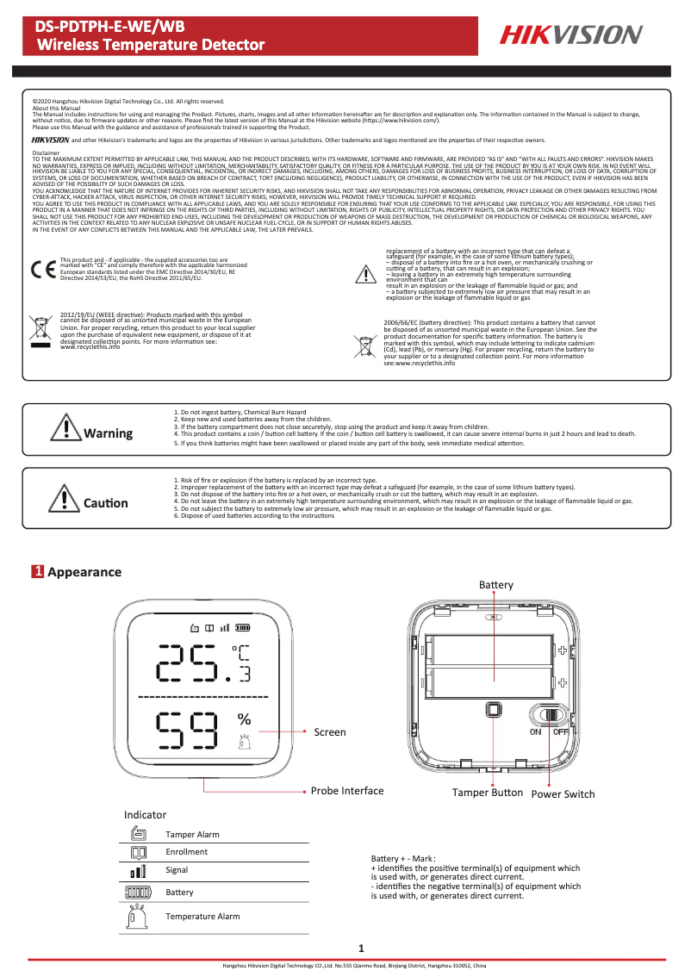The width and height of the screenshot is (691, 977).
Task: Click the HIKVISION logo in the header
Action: pyautogui.click(x=572, y=34)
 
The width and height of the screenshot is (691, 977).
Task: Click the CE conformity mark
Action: pyautogui.click(x=41, y=268)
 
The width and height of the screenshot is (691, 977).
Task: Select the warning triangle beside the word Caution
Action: pyautogui.click(x=65, y=498)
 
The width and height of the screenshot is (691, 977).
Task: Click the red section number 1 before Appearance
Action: pyautogui.click(x=38, y=572)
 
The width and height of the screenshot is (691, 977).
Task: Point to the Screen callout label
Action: pyautogui.click(x=329, y=732)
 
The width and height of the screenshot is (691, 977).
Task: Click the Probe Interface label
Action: pyautogui.click(x=347, y=790)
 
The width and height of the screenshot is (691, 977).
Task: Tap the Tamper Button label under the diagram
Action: pyautogui.click(x=488, y=792)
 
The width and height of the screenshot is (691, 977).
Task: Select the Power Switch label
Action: pyautogui.click(x=563, y=793)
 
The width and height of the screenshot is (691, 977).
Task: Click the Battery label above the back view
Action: pyautogui.click(x=496, y=585)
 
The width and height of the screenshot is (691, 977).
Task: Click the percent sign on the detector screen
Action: pyautogui.click(x=244, y=719)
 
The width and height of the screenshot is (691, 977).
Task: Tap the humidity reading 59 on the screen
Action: pyautogui.click(x=186, y=732)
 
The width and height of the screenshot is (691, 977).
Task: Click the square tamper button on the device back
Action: pyautogui.click(x=493, y=710)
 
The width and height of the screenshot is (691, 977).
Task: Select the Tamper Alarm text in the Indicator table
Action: pyautogui.click(x=192, y=834)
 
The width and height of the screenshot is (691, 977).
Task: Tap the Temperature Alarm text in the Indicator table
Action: pyautogui.click(x=202, y=916)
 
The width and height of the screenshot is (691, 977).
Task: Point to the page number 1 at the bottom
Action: pyautogui.click(x=361, y=949)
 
